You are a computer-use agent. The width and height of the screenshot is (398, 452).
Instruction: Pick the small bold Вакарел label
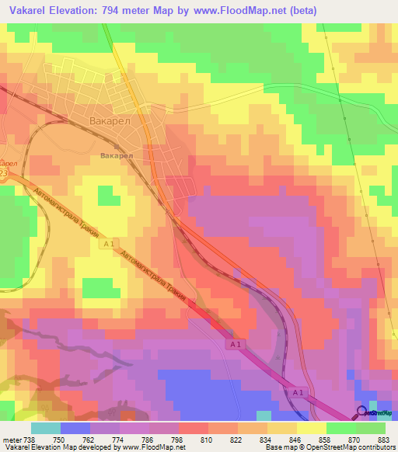(117, 155)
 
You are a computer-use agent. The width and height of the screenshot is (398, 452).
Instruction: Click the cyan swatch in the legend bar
(46, 427)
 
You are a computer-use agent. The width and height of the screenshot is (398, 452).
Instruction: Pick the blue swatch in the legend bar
(75, 427)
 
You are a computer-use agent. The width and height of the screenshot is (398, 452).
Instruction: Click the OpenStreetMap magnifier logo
(362, 412)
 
